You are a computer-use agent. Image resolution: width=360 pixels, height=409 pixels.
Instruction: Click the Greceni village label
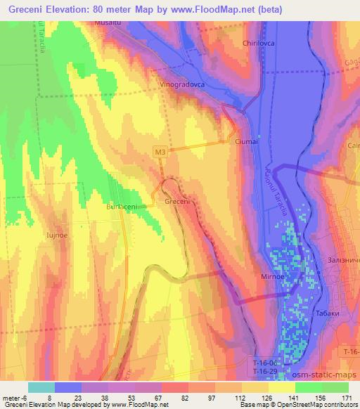177,202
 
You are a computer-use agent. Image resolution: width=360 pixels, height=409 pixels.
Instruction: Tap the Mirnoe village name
272,278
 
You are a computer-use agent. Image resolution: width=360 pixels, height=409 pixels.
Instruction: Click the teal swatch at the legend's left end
41,387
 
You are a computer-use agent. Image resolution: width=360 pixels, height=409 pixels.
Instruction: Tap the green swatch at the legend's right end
335,387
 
